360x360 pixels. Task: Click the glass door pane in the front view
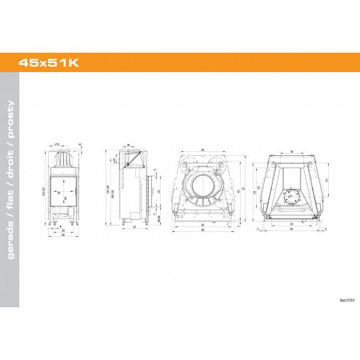coord(62,190)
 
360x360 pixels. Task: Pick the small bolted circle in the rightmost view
coord(291,194)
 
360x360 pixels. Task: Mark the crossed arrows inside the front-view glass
coord(62,190)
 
